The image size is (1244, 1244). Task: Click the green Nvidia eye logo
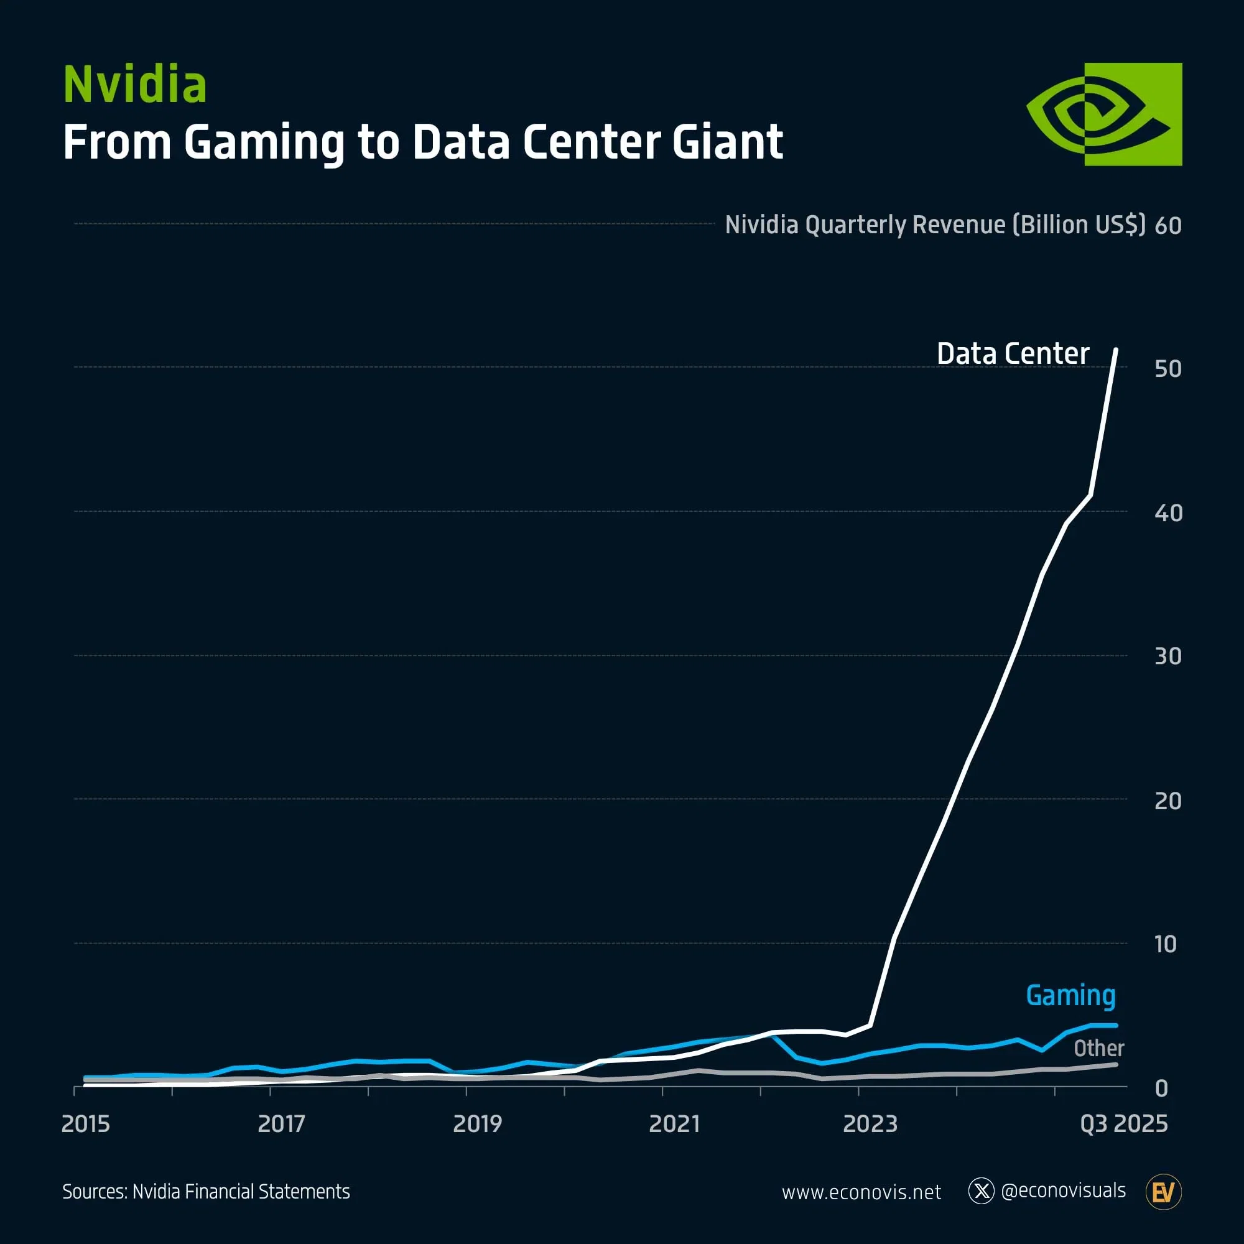coord(1103,114)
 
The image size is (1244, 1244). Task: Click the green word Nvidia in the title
coord(134,85)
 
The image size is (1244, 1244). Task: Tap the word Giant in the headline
coord(727,142)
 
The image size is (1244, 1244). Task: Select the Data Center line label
coord(1012,353)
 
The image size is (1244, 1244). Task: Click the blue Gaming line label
coord(1070,995)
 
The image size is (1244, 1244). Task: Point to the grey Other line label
coord(1098,1048)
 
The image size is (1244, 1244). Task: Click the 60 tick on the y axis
coord(1167,226)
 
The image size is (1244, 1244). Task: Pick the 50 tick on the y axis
coord(1167,369)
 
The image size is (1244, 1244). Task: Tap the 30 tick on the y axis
coord(1167,657)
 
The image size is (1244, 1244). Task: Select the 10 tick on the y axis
coord(1165,945)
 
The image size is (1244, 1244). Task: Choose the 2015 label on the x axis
coord(86,1124)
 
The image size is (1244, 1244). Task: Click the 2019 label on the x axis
coord(477,1124)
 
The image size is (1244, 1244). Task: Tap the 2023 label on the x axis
coord(870,1124)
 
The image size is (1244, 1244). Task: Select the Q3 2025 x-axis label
coord(1123,1124)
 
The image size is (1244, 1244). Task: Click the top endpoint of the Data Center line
coord(1116,350)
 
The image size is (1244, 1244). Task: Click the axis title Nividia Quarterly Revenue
coord(935,225)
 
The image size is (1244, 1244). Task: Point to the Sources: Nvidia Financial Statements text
coord(206,1192)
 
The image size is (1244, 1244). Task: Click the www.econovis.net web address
coord(861,1192)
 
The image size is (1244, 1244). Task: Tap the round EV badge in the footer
coord(1164,1192)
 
